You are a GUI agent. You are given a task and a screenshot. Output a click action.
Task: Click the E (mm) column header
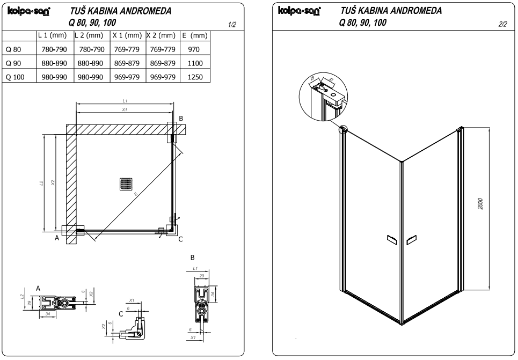(x=195, y=35)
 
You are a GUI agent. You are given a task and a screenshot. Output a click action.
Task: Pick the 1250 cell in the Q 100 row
(x=195, y=77)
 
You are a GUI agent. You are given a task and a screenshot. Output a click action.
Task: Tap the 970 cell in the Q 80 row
(x=195, y=49)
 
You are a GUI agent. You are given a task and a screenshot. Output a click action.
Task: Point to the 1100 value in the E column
(x=195, y=63)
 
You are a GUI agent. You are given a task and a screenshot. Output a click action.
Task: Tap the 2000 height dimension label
(x=481, y=204)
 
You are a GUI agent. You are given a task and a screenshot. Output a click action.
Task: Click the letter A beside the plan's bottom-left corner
(x=57, y=239)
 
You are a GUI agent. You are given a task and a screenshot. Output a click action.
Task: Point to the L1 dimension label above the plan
(x=125, y=100)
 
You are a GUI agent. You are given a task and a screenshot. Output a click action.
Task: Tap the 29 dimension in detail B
(x=201, y=275)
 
